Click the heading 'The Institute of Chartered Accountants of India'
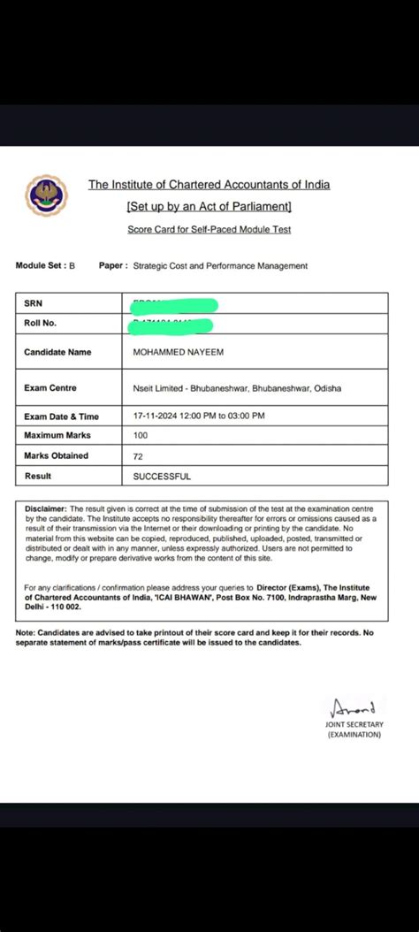[x=209, y=185]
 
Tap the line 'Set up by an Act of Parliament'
[x=209, y=206]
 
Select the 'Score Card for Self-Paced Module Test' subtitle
[x=209, y=229]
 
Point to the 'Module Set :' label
[x=41, y=265]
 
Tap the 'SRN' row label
[x=34, y=303]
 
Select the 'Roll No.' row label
[x=40, y=323]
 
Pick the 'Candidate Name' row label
[x=57, y=352]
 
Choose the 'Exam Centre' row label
[x=50, y=387]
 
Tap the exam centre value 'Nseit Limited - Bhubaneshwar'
[x=190, y=388]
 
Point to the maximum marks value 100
[x=140, y=435]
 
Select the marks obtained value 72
[x=137, y=455]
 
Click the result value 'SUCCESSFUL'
[x=161, y=476]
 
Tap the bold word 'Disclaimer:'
[x=45, y=509]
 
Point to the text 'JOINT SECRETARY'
[x=354, y=724]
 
